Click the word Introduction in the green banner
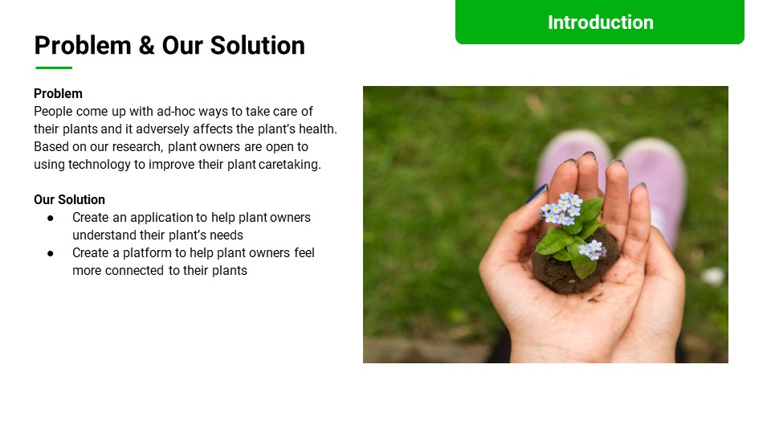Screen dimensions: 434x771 click(x=600, y=23)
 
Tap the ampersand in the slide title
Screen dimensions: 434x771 click(x=146, y=45)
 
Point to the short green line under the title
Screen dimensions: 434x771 click(x=54, y=68)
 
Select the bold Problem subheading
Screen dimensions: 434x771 click(x=58, y=93)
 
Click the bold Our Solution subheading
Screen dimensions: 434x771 click(x=69, y=199)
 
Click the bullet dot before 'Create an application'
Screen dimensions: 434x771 click(x=51, y=217)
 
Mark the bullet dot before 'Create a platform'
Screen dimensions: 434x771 click(x=51, y=252)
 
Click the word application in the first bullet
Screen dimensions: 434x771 click(x=163, y=217)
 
